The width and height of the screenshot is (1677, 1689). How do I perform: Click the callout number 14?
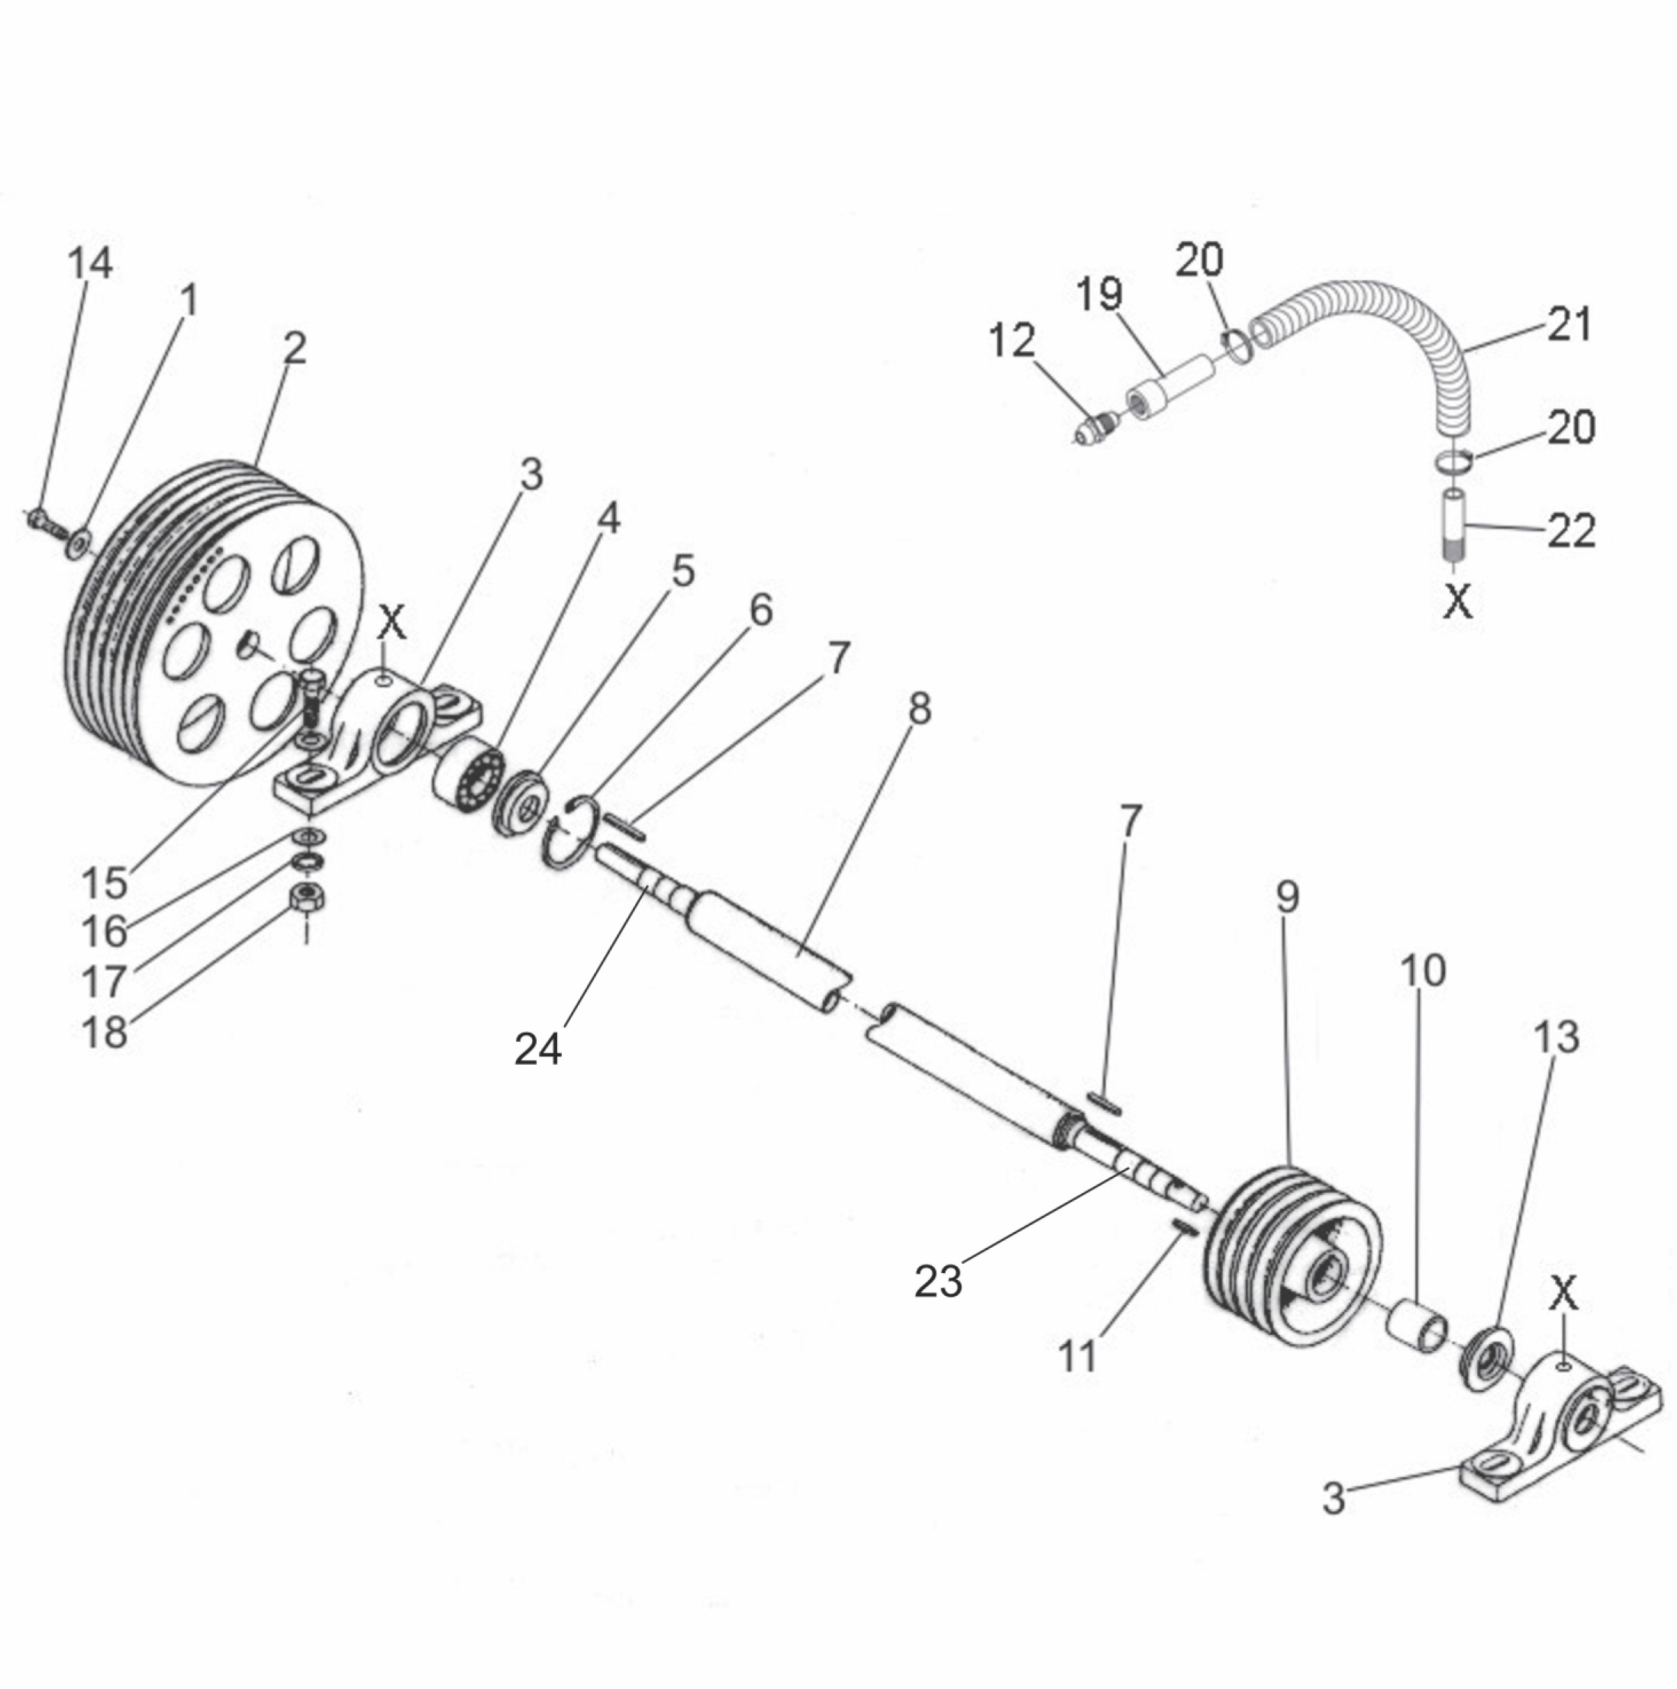coord(90,263)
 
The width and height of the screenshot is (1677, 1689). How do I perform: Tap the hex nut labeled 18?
coord(308,897)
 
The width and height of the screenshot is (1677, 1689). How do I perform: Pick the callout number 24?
coord(537,1048)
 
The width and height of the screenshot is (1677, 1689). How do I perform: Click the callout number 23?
coord(937,1281)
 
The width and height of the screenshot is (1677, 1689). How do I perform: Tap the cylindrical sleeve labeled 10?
coord(1417,1327)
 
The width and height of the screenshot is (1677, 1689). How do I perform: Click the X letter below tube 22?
coord(1456,601)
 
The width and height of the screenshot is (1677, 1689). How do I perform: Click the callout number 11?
coord(1077,1357)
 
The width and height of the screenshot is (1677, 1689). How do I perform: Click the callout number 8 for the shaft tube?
coord(919,709)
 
